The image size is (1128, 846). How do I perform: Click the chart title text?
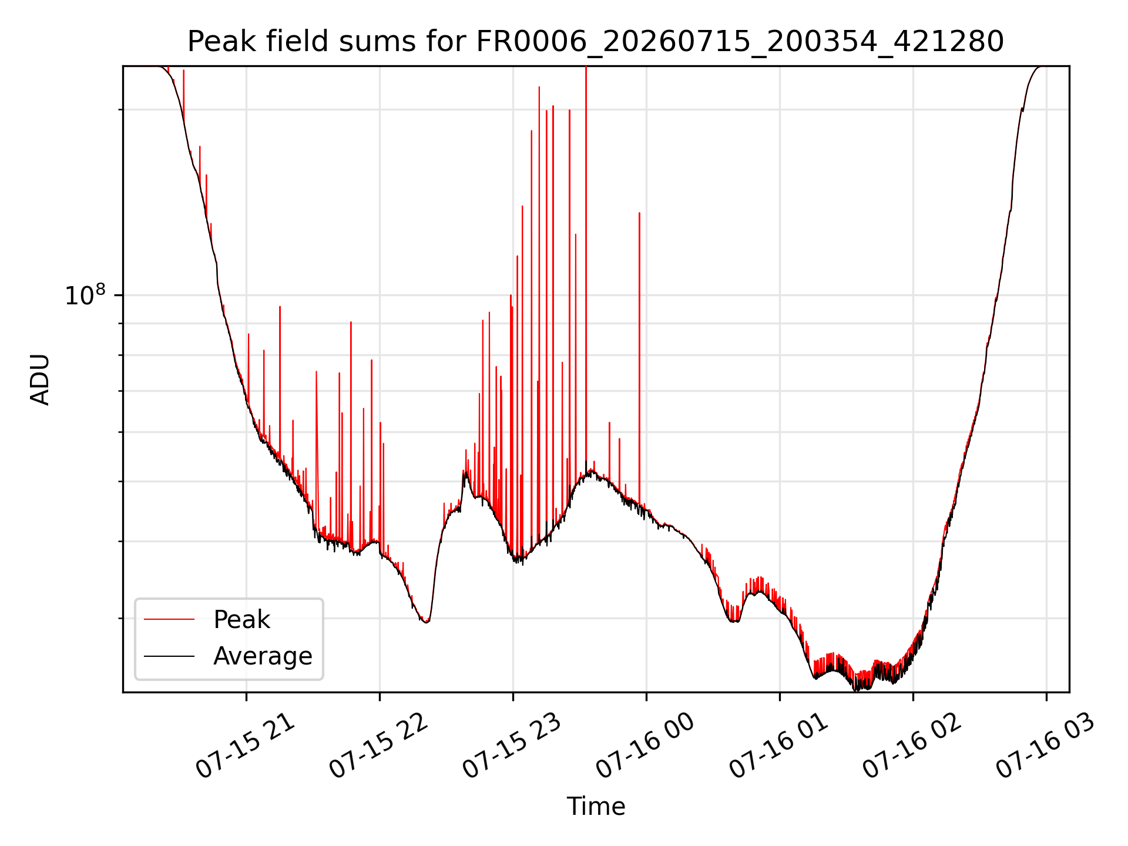click(595, 42)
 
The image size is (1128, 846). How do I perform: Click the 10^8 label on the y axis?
click(85, 295)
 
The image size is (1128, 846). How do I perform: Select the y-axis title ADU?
click(40, 380)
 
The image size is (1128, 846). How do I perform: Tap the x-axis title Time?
click(596, 807)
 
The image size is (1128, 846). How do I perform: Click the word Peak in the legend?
click(241, 620)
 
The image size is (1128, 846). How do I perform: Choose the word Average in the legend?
click(263, 656)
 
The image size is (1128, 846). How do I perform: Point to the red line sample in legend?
click(169, 619)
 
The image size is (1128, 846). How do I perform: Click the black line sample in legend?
click(169, 656)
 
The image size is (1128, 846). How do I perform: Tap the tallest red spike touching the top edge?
click(586, 264)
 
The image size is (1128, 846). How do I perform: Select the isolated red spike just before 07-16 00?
click(639, 358)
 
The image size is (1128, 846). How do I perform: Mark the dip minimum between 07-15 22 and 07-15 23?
click(426, 622)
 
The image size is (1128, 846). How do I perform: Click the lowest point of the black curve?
click(856, 690)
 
